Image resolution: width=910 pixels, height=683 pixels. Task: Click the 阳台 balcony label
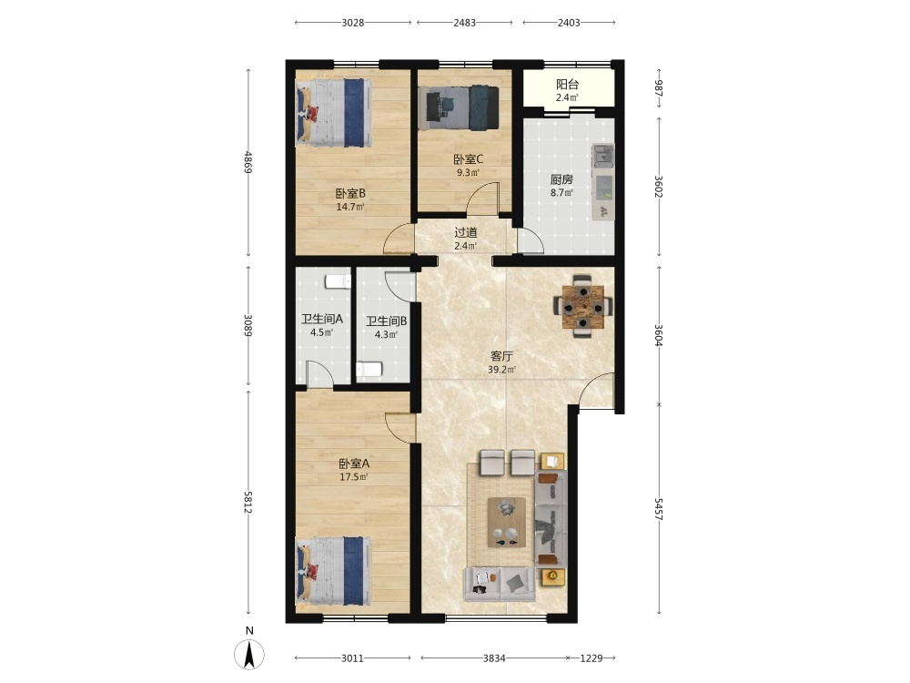(567, 84)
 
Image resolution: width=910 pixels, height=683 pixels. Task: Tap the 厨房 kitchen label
(561, 179)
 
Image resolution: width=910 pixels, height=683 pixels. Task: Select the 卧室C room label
(469, 159)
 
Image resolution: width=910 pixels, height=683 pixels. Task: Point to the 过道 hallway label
(465, 233)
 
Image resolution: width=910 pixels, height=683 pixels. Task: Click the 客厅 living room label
(501, 356)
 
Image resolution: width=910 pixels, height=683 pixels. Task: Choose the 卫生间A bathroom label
(321, 319)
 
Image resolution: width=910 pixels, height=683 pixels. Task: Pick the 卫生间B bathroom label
(386, 321)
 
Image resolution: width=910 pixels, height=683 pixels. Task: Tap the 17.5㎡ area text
(353, 477)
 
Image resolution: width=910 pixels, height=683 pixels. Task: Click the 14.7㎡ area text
(350, 207)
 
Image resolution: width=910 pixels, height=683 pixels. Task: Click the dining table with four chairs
(582, 305)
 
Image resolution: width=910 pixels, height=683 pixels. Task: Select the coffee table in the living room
(507, 522)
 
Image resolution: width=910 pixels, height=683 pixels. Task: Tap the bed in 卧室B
(334, 113)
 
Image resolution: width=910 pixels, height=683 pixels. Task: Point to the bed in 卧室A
(334, 572)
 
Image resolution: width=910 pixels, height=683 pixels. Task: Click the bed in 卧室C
(459, 107)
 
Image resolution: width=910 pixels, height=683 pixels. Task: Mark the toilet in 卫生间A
(338, 281)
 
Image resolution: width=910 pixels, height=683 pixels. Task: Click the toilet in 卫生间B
(369, 370)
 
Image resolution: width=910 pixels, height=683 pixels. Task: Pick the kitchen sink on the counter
(602, 155)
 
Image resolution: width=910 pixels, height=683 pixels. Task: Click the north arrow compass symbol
(249, 654)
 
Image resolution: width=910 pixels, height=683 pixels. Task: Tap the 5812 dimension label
(248, 503)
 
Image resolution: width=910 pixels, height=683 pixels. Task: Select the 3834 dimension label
(494, 658)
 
